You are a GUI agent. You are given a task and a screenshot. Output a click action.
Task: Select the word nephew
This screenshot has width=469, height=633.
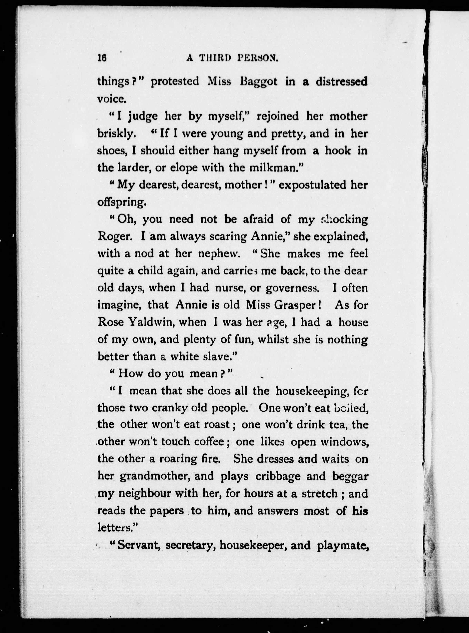pos(219,254)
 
